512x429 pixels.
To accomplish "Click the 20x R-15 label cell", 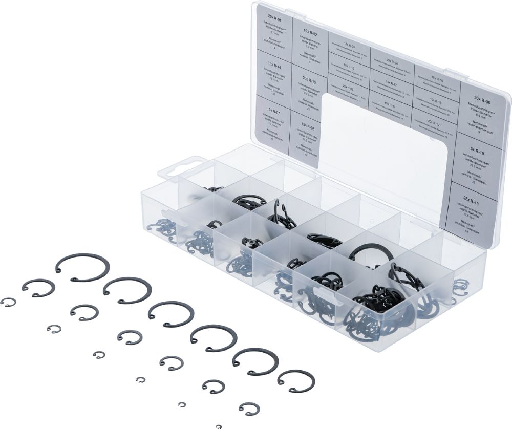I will (309, 80).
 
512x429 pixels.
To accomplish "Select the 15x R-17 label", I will (391, 83).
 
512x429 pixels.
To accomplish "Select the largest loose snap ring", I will (82, 267).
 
